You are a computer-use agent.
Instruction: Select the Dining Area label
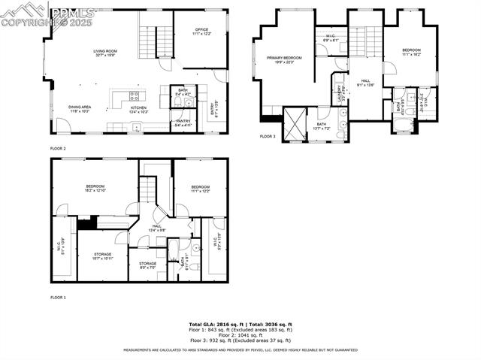click(x=80, y=109)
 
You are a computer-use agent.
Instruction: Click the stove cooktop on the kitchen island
click(x=135, y=95)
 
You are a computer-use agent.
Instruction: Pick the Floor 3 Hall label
click(x=365, y=83)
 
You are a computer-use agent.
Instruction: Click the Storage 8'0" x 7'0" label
click(x=147, y=265)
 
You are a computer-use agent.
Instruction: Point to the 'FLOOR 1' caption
click(x=58, y=298)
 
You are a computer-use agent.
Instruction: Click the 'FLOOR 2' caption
click(x=58, y=148)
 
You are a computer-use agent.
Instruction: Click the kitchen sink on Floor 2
click(x=136, y=127)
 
